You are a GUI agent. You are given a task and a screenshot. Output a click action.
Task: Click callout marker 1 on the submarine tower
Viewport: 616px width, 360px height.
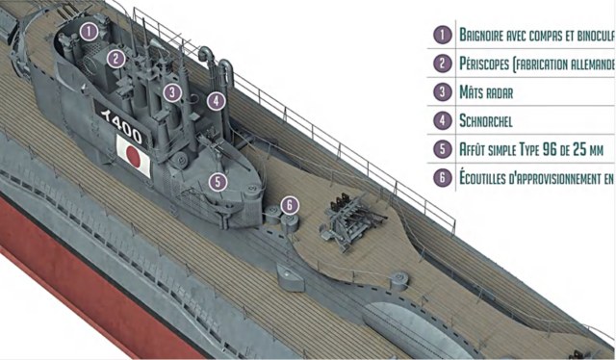point(89,31)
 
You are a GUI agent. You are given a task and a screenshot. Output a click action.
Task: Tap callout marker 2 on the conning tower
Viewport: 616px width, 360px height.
point(116,59)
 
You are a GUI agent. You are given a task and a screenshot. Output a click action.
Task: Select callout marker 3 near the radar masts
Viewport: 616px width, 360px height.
point(171,92)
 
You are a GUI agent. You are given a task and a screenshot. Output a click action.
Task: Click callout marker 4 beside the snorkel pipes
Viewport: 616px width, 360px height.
point(217,99)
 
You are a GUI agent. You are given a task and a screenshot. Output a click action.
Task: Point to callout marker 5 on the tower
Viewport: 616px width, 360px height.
point(218,180)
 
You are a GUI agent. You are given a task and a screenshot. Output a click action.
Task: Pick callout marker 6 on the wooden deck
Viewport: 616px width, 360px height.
point(290,204)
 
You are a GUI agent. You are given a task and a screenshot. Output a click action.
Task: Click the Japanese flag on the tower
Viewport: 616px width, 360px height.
point(133,154)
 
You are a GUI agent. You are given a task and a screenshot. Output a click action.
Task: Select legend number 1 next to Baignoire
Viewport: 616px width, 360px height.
point(442,35)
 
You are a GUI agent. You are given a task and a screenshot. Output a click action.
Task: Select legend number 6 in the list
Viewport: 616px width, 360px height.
point(442,178)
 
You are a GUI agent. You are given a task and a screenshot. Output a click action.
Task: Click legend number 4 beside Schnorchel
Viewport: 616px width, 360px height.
point(442,121)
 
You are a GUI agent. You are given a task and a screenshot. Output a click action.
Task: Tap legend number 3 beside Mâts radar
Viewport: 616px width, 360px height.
point(442,92)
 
